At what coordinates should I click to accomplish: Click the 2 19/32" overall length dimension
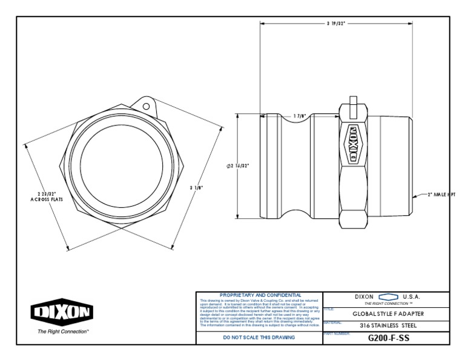(335, 23)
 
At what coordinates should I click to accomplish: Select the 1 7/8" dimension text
(299, 116)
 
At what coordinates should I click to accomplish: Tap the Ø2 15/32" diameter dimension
(237, 165)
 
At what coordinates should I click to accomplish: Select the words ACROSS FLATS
(43, 199)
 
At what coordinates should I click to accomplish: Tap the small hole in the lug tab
(146, 107)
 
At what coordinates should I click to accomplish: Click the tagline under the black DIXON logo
(63, 332)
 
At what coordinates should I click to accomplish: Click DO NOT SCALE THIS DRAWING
(259, 337)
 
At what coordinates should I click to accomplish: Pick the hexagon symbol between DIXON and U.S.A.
(387, 296)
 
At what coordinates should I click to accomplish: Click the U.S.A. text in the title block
(412, 296)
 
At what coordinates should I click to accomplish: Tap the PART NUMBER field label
(337, 333)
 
